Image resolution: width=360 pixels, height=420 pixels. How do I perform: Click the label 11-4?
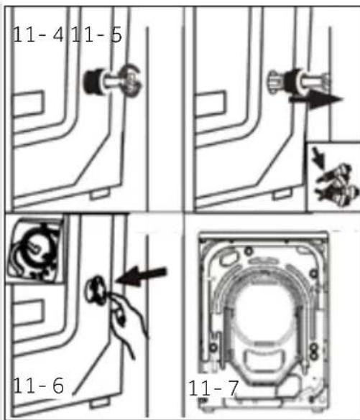pos(38,34)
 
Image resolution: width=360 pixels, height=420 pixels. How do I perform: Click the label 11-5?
pos(96,34)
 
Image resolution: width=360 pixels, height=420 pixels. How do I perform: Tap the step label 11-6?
pos(38,386)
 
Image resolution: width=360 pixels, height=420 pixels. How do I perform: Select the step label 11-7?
pos(213,388)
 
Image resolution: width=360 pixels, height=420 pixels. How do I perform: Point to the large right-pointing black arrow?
pos(316,100)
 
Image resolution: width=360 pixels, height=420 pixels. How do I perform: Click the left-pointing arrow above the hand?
pos(142,275)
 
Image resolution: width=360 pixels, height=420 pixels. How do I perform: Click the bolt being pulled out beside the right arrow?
pos(298,83)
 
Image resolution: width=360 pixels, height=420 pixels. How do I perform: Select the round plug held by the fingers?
pos(96,290)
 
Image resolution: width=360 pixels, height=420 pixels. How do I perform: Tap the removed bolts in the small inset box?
pos(338,185)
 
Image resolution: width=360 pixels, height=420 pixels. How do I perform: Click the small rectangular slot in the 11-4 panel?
pos(28,103)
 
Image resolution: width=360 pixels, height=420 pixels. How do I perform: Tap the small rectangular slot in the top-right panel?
pos(211,104)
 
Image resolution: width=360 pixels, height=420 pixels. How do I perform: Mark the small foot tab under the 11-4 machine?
pos(100,194)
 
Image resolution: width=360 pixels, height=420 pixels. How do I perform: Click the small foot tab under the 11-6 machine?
pos(100,403)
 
